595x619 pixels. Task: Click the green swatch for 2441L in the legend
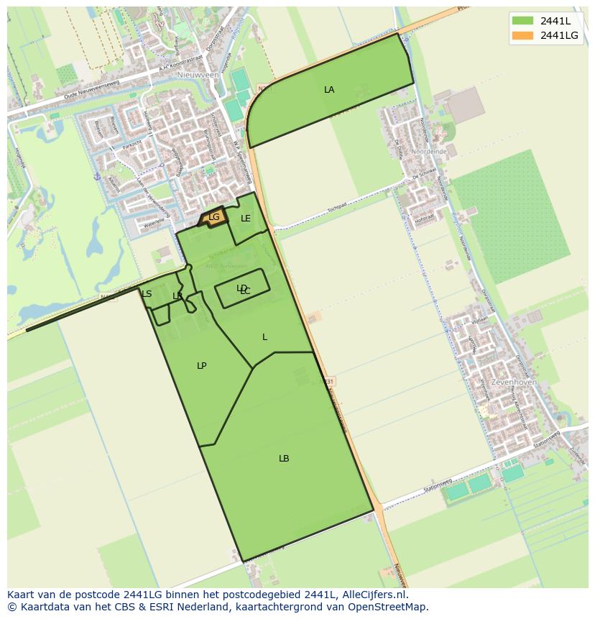[523, 21]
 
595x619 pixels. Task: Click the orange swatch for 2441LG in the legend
[523, 35]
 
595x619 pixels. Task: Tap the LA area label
[329, 90]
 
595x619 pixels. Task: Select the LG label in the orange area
[213, 216]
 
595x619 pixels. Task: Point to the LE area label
[246, 219]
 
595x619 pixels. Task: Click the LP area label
[202, 366]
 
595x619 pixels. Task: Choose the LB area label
[284, 459]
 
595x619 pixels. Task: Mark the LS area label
[147, 294]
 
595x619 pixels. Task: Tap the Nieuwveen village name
[198, 74]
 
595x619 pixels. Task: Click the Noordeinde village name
[432, 152]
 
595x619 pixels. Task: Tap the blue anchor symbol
[97, 176]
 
